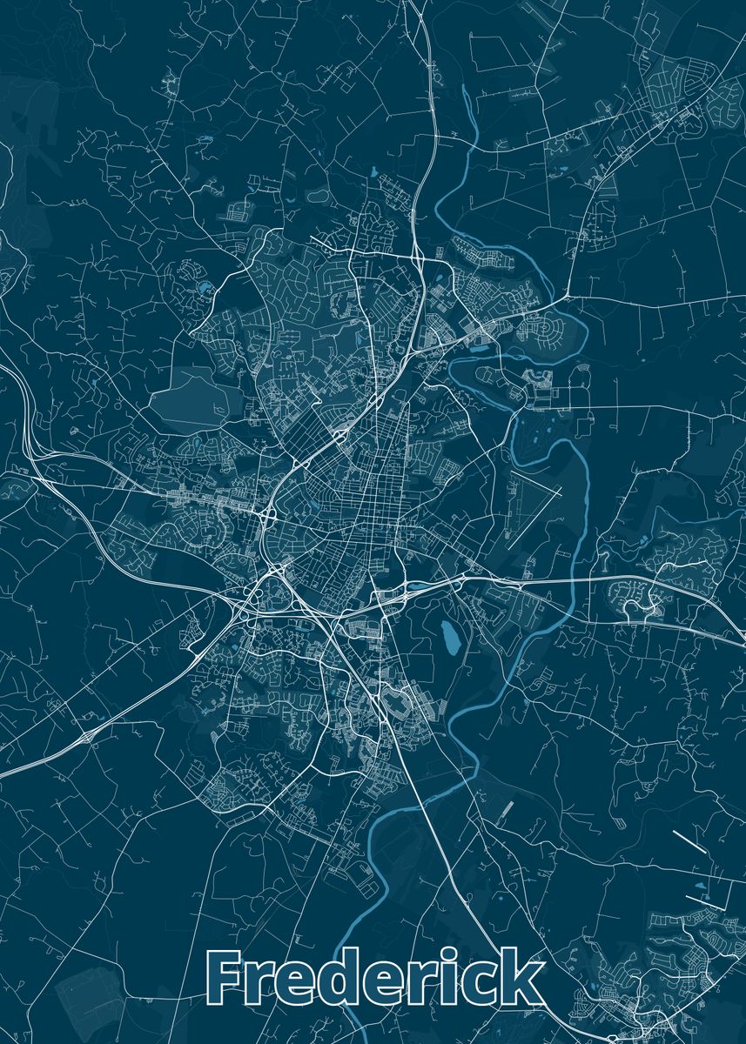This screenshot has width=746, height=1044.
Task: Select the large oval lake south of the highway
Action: click(449, 640)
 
